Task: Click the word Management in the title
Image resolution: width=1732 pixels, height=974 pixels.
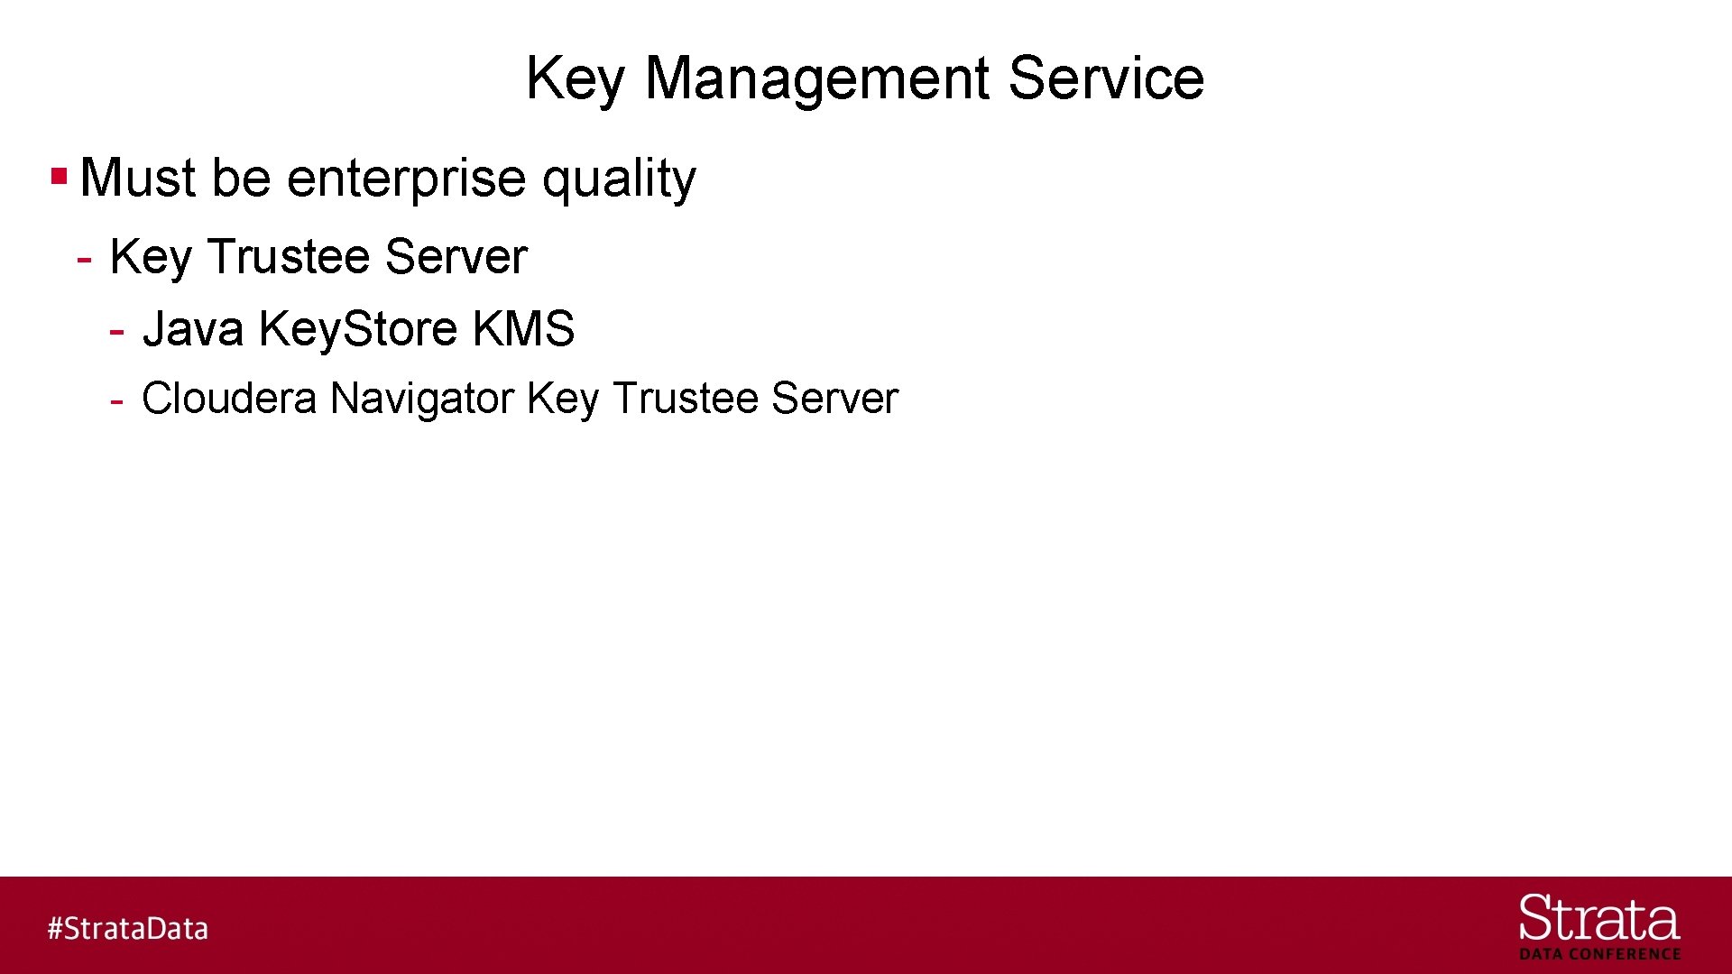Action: pos(818,78)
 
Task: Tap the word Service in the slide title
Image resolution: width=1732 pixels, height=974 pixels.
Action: pos(1106,78)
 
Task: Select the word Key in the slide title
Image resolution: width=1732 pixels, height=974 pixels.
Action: pos(576,78)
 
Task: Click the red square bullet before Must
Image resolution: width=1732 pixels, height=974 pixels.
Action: pos(60,175)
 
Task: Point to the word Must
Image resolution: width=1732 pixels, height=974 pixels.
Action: pos(138,178)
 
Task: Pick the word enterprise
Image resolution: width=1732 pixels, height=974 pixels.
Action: pos(406,178)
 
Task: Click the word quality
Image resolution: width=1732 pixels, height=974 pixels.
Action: pos(619,178)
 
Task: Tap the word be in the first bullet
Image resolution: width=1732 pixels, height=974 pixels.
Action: pos(241,178)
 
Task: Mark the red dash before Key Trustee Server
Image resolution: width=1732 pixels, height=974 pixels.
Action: pos(85,260)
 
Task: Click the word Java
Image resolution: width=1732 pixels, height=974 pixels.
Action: pos(193,328)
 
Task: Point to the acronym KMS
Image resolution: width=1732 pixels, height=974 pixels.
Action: pos(523,328)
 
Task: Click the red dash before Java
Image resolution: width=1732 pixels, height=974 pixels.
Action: pos(116,332)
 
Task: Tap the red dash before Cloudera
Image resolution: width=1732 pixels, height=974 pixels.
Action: pos(116,400)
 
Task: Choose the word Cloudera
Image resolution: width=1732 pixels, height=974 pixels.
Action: pos(229,398)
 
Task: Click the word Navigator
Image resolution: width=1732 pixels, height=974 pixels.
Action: pos(422,398)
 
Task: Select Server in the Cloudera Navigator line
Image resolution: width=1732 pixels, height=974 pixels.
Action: pos(834,398)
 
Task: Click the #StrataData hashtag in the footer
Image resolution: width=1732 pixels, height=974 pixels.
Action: pos(128,928)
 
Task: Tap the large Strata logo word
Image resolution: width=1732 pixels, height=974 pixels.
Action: pos(1599,918)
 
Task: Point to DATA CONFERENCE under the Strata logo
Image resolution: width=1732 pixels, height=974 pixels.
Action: pos(1599,954)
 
